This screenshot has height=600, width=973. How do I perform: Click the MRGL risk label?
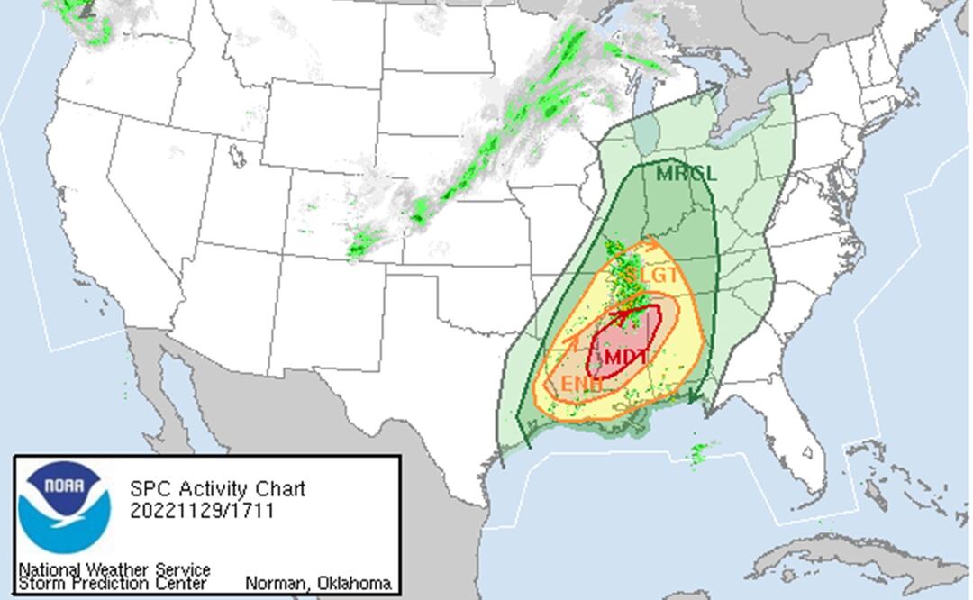point(686,174)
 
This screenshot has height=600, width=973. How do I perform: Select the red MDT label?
point(626,357)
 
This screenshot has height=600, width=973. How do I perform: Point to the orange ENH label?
point(581,385)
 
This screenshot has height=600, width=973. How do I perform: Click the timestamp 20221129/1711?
point(202,511)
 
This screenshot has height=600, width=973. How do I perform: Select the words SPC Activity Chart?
point(217,489)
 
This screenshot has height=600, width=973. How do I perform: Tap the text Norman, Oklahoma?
point(318,584)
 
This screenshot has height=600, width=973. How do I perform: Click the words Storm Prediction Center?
point(112,584)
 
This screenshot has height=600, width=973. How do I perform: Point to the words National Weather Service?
point(114,569)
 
